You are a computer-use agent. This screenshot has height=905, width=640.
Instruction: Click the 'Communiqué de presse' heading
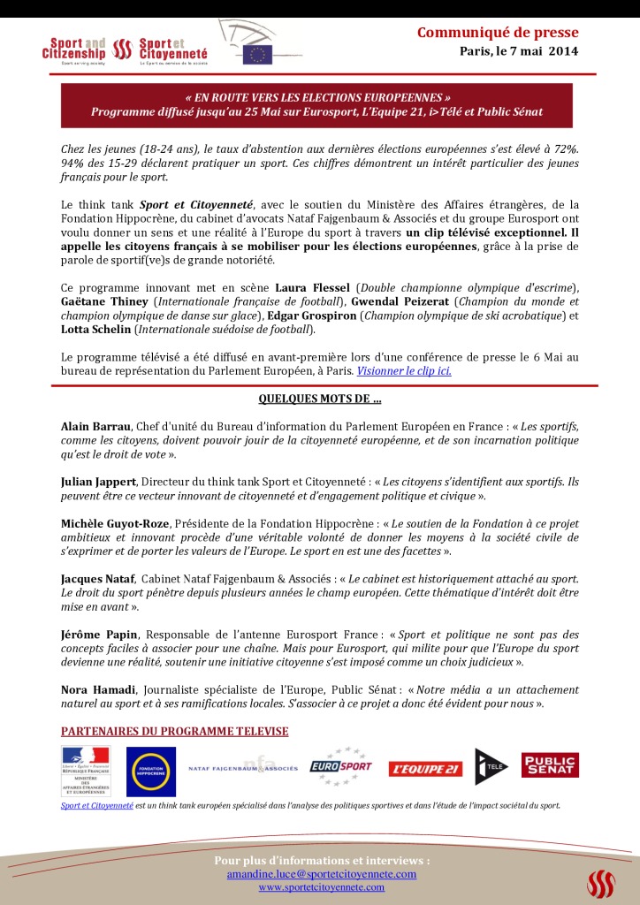[498, 34]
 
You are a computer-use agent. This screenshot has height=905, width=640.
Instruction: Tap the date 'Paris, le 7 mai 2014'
[519, 51]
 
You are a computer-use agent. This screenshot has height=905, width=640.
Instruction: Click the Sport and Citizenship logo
[76, 51]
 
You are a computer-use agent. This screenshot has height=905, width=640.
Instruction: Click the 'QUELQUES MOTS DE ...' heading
[319, 399]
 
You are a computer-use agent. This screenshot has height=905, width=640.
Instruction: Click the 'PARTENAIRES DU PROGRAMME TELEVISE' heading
[174, 732]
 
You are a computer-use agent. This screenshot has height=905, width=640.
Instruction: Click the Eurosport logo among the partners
[341, 767]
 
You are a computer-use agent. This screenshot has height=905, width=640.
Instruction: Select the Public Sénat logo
[550, 765]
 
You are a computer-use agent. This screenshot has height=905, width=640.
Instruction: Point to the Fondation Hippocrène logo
[150, 772]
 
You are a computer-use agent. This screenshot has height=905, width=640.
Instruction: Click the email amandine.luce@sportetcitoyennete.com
[321, 874]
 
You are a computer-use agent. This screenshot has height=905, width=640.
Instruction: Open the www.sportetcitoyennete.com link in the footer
[321, 887]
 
